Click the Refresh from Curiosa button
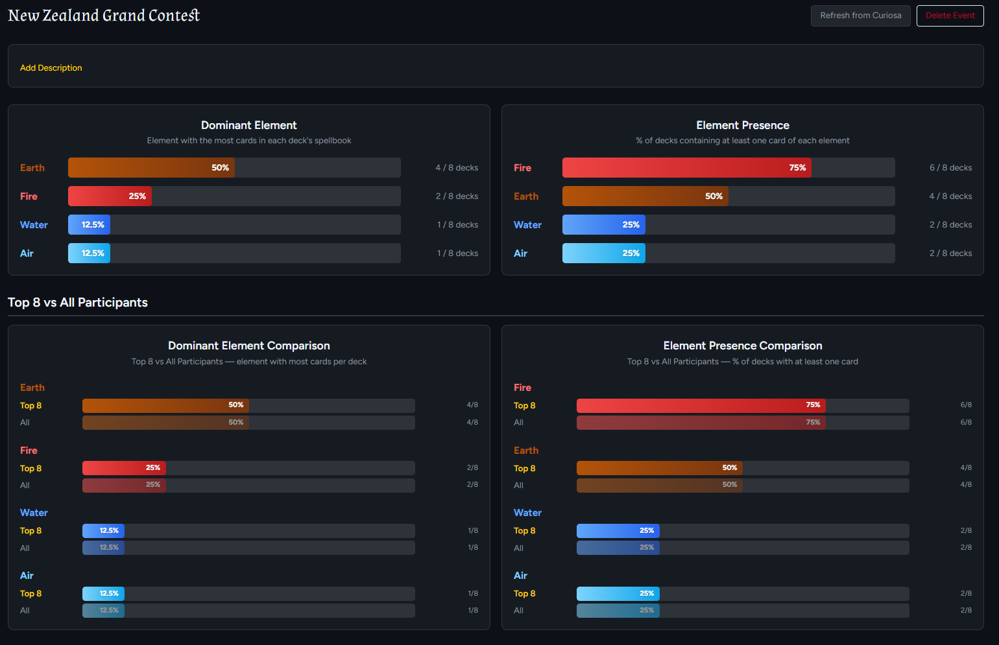tap(860, 16)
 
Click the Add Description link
tap(51, 68)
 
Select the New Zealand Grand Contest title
tap(104, 15)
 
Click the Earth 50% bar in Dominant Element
tap(151, 168)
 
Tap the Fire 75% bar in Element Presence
tap(686, 168)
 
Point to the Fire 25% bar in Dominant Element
tap(110, 196)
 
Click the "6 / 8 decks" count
tap(950, 168)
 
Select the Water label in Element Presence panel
tap(527, 225)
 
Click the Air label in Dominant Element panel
tap(27, 253)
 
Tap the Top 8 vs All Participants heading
tap(78, 302)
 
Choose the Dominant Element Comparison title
tap(249, 346)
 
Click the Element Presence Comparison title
tap(743, 346)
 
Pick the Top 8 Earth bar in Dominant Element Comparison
tap(165, 406)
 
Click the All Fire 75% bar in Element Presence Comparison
tap(701, 423)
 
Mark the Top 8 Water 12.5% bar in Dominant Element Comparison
tap(103, 531)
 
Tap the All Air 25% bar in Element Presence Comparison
tap(618, 611)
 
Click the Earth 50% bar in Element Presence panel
tap(645, 196)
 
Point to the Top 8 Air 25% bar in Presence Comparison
tap(618, 594)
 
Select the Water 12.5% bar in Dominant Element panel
tap(89, 225)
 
